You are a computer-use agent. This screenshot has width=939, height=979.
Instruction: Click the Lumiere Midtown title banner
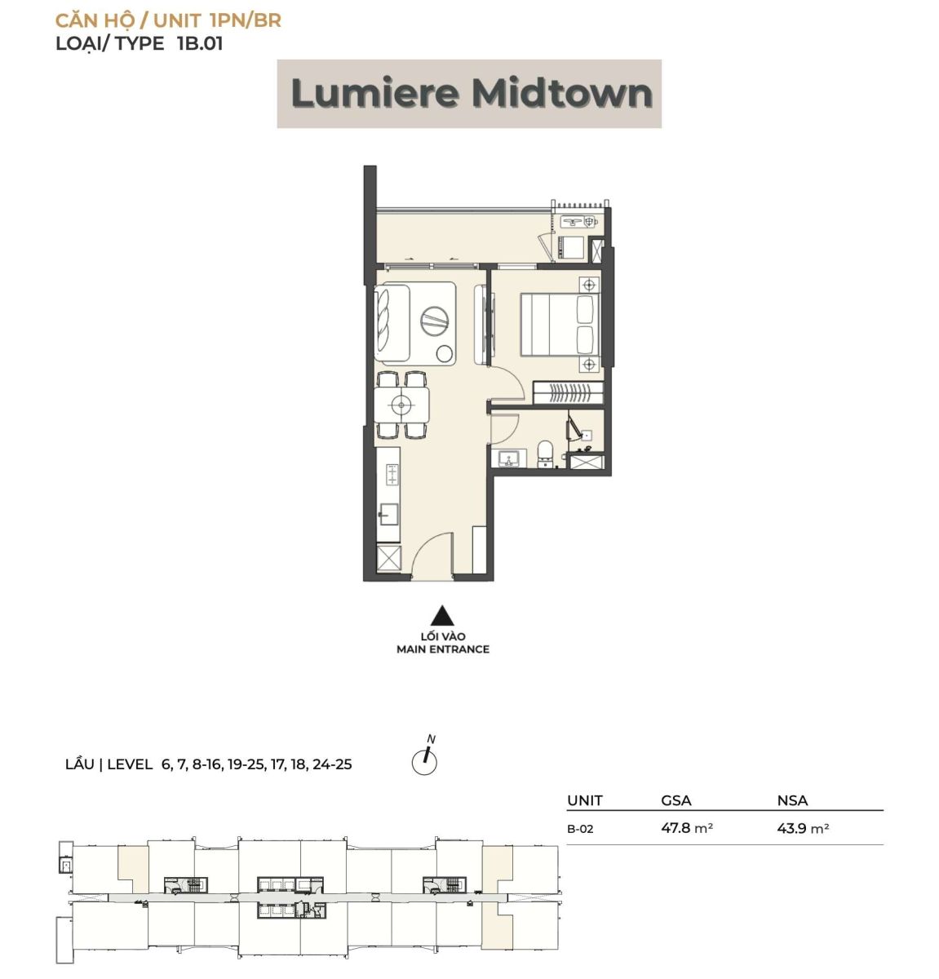[x=469, y=94]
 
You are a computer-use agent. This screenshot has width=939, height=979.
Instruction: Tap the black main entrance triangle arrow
[x=442, y=615]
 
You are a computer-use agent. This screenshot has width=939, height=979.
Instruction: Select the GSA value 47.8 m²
[x=687, y=827]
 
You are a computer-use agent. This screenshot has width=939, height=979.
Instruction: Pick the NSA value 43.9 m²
[x=803, y=827]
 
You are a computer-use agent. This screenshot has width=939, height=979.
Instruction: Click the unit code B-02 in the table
[x=580, y=829]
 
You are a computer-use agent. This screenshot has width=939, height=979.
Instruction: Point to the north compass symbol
[x=424, y=758]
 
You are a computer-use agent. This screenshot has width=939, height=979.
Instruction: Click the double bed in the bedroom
[x=560, y=325]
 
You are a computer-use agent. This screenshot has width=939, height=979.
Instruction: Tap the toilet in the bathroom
[x=544, y=454]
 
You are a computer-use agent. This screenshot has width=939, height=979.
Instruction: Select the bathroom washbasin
[x=509, y=458]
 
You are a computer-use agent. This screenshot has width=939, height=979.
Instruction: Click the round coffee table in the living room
[x=436, y=321]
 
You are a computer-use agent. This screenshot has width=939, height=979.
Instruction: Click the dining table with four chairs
[x=402, y=404]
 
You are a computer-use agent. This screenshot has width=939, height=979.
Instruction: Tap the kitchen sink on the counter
[x=388, y=514]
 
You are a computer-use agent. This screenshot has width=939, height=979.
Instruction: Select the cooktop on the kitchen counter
[x=392, y=475]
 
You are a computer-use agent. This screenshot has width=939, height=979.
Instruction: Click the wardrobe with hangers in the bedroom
[x=568, y=392]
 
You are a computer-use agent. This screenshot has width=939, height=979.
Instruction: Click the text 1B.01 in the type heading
[x=200, y=44]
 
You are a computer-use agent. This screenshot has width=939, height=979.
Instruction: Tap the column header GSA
[x=676, y=801]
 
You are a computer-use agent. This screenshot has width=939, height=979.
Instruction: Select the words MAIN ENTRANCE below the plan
[x=443, y=649]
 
